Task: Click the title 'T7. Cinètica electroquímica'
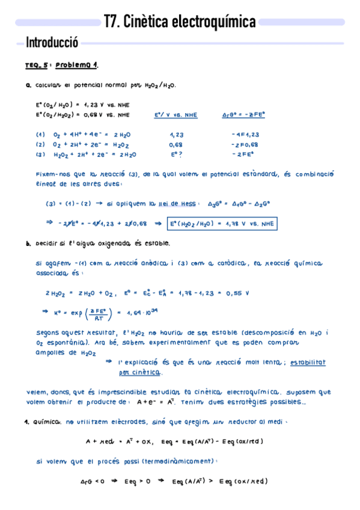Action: [180, 22]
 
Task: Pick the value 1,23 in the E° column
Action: [176, 135]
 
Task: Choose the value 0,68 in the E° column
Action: [176, 144]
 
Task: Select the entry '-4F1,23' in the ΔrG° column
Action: [244, 135]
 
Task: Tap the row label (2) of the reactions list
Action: [40, 144]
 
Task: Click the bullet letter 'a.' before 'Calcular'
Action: [28, 85]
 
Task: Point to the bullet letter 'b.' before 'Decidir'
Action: [28, 244]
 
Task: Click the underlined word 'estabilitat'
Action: [308, 362]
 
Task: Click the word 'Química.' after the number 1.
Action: [47, 422]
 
